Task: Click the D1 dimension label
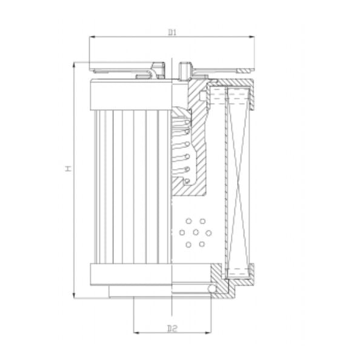172,32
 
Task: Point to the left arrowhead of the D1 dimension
92,37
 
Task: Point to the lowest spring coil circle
187,180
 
